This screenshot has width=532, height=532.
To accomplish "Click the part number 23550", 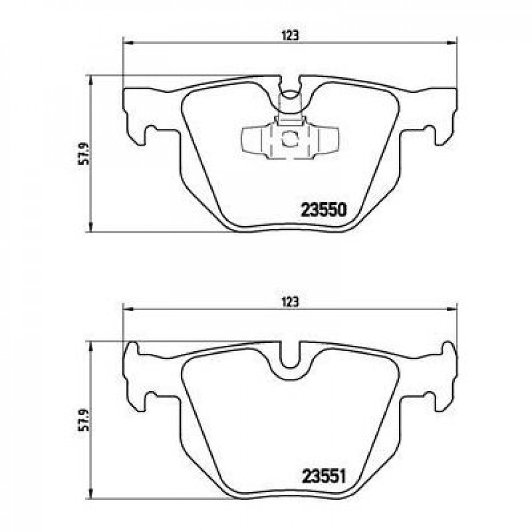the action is tap(323, 210).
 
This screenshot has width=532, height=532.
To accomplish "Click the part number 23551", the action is tap(323, 477).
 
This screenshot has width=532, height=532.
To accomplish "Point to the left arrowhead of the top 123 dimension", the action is tap(127, 43).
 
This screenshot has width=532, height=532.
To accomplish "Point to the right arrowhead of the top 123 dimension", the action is tap(452, 43).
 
